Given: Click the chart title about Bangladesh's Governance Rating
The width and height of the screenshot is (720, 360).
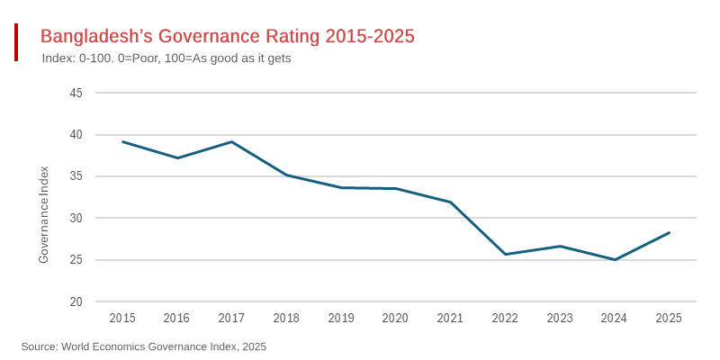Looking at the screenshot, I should pos(227,36).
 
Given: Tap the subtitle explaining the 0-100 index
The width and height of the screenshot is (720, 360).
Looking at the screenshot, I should pos(166,58).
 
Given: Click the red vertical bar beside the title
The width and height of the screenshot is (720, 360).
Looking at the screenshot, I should pos(16,42).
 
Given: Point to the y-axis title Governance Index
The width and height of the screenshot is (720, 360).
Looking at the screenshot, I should pos(43,214).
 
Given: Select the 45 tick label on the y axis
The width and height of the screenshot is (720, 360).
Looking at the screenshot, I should pos(76,93).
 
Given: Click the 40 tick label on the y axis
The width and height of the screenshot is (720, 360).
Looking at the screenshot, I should pos(76,135).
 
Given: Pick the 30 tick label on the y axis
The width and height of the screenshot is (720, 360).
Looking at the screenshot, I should pos(76,218).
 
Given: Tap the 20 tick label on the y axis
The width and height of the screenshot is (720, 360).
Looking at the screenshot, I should pos(76,301).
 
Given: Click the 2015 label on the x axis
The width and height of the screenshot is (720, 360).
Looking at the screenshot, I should pos(122,318).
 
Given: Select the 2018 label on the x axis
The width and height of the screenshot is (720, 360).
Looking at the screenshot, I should pos(286,318).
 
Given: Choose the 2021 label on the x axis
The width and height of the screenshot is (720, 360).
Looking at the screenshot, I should pos(450,318).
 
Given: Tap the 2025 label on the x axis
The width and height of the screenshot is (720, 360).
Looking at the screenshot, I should pos(669,318).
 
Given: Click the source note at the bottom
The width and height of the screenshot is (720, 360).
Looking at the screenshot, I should pos(144,346).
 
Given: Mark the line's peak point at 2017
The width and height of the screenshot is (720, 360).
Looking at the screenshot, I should pos(231,141).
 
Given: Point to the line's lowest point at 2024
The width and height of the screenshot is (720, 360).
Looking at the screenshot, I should pos(615,259).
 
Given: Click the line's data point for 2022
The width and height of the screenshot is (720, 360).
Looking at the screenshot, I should pos(505,254).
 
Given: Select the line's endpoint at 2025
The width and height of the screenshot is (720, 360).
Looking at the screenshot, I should pos(669,232).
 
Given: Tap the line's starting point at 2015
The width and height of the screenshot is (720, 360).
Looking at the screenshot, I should pos(122,141).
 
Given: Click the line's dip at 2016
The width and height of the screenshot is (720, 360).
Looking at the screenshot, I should pos(177,157).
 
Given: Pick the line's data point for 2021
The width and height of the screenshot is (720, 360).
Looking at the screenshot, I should pos(450,202).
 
